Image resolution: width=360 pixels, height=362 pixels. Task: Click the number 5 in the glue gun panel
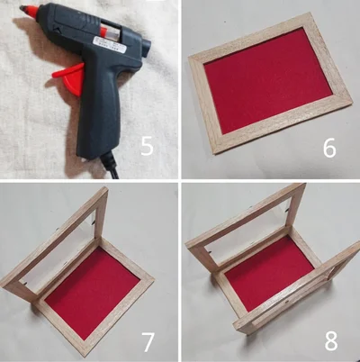[x=147, y=146]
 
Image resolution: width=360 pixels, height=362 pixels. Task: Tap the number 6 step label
[x=329, y=148]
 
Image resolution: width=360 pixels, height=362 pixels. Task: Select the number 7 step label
[x=147, y=341]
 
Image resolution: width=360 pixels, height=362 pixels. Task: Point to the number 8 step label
[x=331, y=340]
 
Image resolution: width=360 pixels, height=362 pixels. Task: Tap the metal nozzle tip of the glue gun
[x=22, y=8]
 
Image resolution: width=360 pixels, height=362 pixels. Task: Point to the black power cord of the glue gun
[x=110, y=165]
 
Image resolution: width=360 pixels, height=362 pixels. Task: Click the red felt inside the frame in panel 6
[x=268, y=80]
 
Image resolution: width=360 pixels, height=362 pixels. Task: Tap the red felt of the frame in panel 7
[x=94, y=293]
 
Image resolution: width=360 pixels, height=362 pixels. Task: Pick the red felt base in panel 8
[x=269, y=273]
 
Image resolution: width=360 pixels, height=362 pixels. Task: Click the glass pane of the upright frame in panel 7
[x=60, y=243]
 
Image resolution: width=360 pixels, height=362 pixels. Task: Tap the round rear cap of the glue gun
[x=147, y=47]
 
